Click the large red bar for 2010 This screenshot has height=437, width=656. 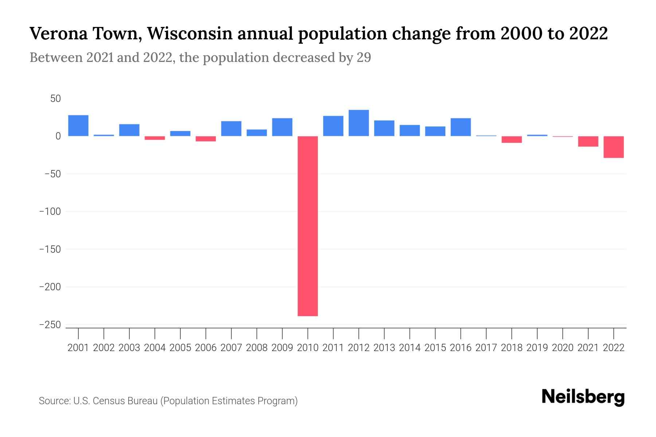[x=308, y=226]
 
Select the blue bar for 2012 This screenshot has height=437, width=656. [x=359, y=123]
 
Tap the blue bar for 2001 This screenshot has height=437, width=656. [x=78, y=126]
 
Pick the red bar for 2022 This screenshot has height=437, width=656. [x=614, y=147]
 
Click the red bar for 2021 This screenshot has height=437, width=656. [x=588, y=141]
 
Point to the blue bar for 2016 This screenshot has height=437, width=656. [x=461, y=127]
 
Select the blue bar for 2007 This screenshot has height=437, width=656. [x=231, y=129]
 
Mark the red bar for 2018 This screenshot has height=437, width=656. [x=512, y=139]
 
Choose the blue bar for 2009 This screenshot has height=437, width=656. [x=282, y=127]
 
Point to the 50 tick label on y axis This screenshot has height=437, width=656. [x=55, y=99]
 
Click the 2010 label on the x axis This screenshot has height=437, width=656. [x=308, y=348]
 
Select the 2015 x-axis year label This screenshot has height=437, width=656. [x=435, y=348]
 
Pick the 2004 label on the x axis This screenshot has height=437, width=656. [x=155, y=348]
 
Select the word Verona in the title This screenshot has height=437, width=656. [x=58, y=34]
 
